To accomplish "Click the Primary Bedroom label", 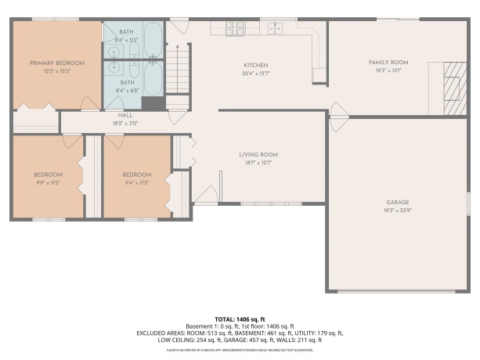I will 57,63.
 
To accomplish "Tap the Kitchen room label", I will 256,65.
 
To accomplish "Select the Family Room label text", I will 389,62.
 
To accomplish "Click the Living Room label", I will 258,154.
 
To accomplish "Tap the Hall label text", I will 115,115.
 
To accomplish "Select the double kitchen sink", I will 276,29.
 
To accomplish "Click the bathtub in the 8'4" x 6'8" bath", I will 152,78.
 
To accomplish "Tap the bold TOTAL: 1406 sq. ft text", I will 240,319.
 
